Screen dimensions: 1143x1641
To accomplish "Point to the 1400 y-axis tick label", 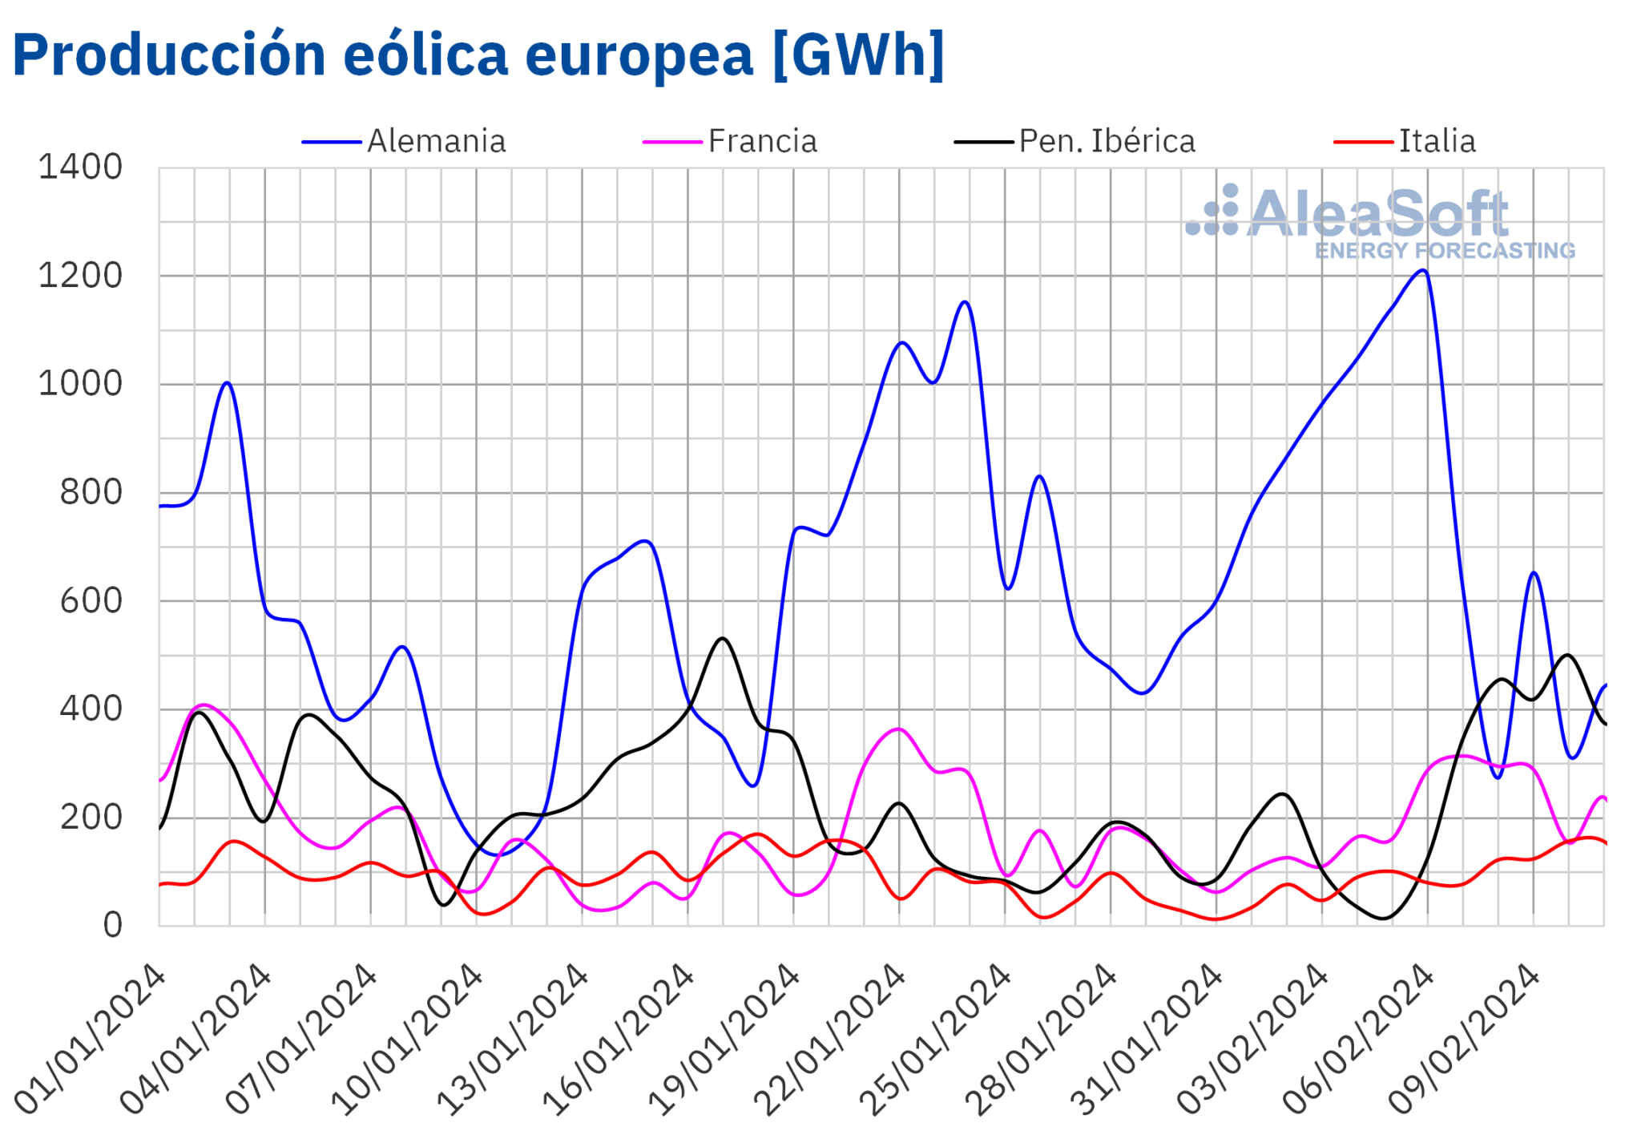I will (x=80, y=168).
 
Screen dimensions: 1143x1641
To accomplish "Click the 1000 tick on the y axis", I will (x=80, y=384).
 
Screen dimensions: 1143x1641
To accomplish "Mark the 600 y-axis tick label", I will (x=91, y=601).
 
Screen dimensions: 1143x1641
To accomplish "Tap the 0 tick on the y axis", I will (x=112, y=925).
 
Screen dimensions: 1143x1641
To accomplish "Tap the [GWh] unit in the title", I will (x=858, y=55).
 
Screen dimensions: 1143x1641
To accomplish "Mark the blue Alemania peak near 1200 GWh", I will (x=1422, y=270).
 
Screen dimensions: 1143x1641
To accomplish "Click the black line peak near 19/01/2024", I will (x=723, y=639).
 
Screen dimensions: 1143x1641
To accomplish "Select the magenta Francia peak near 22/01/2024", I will (x=899, y=729).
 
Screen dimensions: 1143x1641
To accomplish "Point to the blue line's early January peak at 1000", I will (x=228, y=383).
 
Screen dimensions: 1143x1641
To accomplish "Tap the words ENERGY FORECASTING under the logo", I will (x=1445, y=251).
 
